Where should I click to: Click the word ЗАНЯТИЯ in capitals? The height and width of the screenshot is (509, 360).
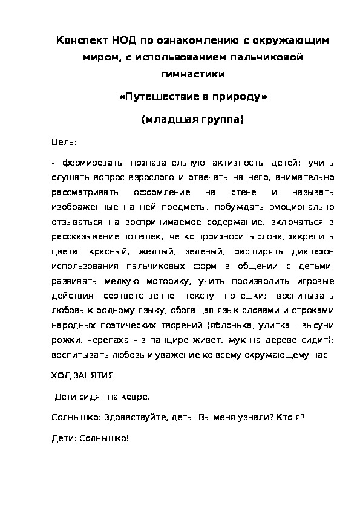click(x=94, y=375)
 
